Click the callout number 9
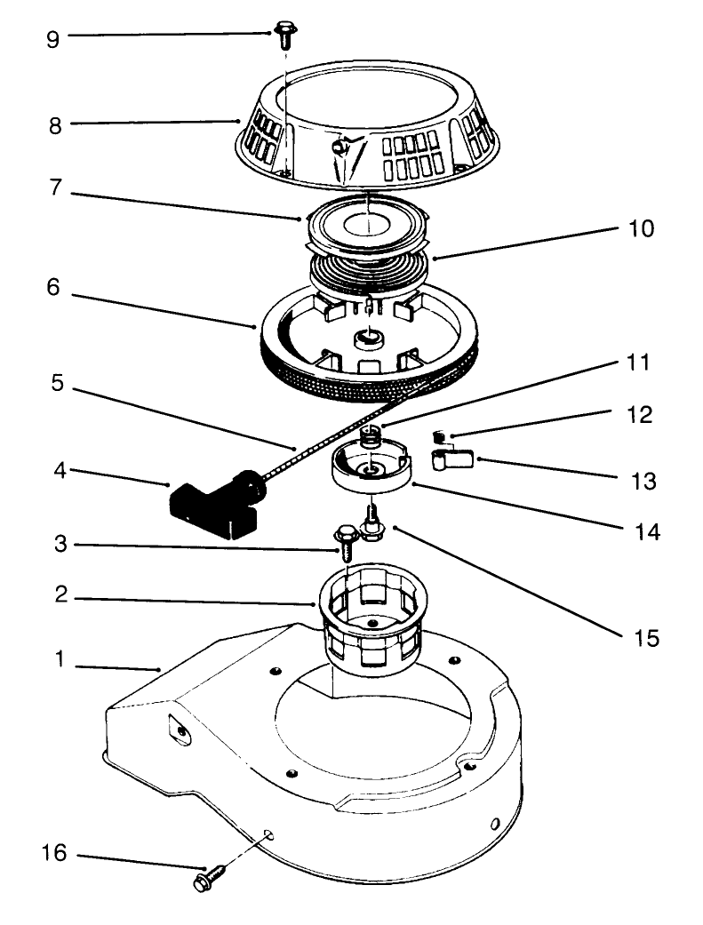pos(54,40)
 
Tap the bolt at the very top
pos(284,36)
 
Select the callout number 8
pos(54,125)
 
